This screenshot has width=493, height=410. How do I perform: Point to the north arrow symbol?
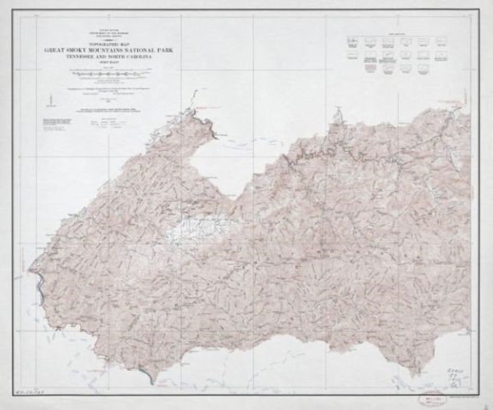pos(48,99)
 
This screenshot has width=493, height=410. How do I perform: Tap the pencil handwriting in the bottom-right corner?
pos(456,375)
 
